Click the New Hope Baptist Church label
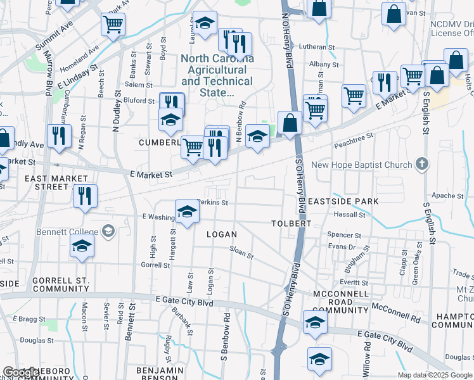click(361, 165)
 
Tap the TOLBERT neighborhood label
click(291, 224)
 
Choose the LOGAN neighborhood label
click(221, 234)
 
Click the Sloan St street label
click(241, 253)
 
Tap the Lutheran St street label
click(317, 47)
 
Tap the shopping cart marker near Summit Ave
click(113, 25)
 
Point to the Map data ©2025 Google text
click(435, 375)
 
